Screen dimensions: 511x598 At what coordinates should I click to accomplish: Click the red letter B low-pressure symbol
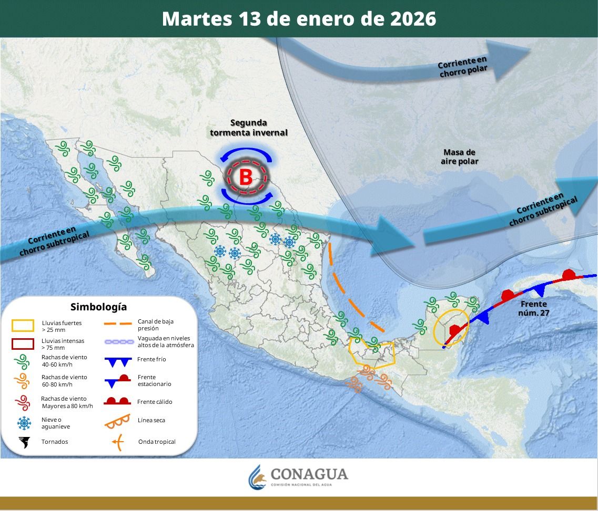246,177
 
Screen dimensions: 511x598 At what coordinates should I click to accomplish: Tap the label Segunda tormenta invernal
249,128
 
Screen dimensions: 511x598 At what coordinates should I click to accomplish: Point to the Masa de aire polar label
459,157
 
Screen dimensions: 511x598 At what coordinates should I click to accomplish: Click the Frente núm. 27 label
534,308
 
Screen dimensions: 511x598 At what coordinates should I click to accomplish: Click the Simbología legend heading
98,307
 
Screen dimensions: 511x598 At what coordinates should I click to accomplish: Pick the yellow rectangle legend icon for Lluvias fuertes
23,326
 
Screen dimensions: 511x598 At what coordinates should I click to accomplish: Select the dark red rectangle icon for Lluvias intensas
23,344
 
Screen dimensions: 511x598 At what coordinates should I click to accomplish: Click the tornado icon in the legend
24,442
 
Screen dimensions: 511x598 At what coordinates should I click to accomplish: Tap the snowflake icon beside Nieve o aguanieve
24,423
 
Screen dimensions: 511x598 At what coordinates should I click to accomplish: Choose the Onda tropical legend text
157,442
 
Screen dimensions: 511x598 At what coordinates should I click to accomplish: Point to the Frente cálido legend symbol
117,402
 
